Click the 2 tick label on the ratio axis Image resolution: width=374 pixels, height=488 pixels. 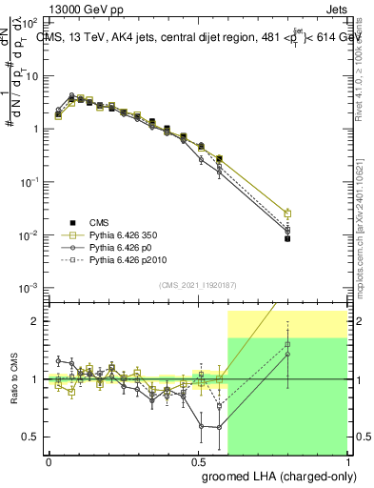(x=35, y=321)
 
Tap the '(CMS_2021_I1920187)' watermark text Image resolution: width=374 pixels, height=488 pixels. (x=197, y=285)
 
